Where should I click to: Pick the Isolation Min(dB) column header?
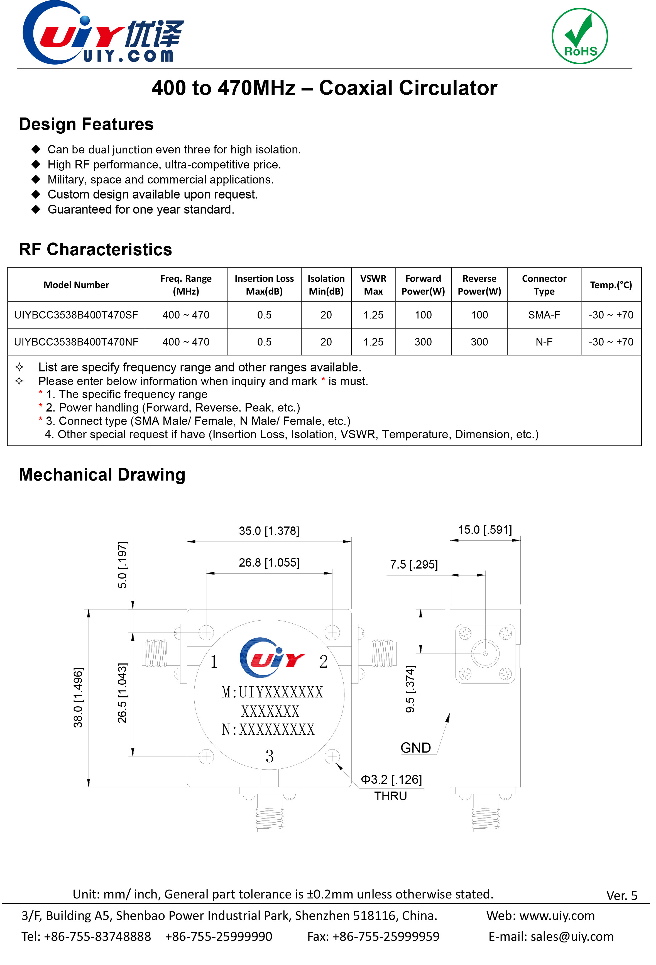tap(326, 285)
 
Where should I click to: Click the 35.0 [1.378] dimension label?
tap(269, 531)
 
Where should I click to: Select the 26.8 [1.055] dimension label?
tap(269, 563)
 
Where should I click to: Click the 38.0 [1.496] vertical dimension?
tap(78, 698)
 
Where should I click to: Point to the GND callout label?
tap(415, 748)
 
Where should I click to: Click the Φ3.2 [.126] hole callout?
tap(391, 779)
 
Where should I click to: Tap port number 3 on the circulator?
tap(270, 756)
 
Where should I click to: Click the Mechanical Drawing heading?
tap(102, 475)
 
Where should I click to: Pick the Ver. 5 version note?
tap(621, 895)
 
